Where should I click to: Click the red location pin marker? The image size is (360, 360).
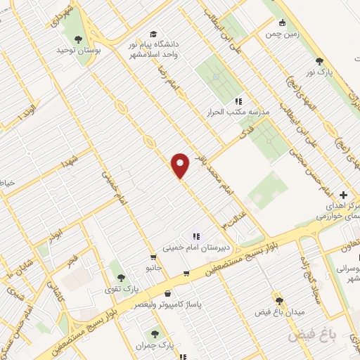coord(181,165)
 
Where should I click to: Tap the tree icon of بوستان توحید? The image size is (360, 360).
coord(77,39)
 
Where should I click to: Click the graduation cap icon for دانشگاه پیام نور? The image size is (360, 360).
coord(153,34)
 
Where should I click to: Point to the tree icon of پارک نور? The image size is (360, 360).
coord(321,62)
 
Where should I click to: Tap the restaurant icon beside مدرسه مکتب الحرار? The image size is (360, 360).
coord(238,101)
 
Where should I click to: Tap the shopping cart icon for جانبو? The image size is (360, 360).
coord(153,257)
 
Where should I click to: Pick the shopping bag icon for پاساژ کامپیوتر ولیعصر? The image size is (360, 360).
coord(167,293)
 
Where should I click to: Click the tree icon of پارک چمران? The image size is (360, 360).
coord(155,333)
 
